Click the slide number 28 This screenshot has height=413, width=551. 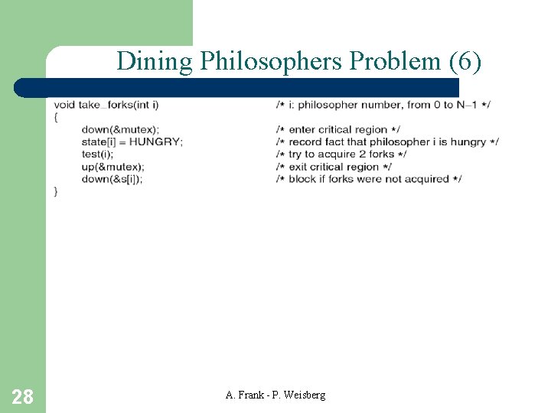(23, 396)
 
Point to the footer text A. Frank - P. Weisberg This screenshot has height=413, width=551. (275, 395)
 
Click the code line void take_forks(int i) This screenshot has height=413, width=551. (106, 104)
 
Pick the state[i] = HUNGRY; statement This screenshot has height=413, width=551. (132, 141)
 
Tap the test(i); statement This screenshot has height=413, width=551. (96, 154)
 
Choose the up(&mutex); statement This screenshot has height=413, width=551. (112, 166)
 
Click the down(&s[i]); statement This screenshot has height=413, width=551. (112, 178)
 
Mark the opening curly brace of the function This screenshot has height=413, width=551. (56, 116)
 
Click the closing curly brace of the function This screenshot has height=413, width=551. (56, 191)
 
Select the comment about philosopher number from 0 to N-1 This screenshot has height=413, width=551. (383, 104)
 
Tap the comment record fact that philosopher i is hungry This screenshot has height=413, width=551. (387, 141)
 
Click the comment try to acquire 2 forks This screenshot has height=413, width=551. (341, 154)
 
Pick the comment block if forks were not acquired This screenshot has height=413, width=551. (369, 178)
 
